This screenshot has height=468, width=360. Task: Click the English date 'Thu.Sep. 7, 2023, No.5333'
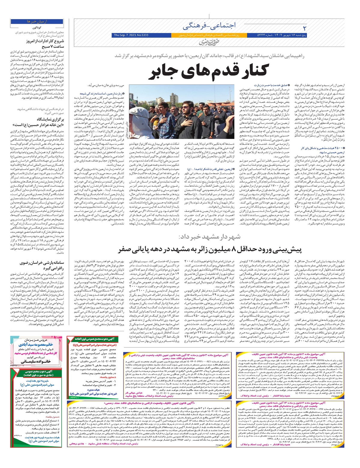pos(131,35)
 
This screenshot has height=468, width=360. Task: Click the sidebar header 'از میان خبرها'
pos(37,22)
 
